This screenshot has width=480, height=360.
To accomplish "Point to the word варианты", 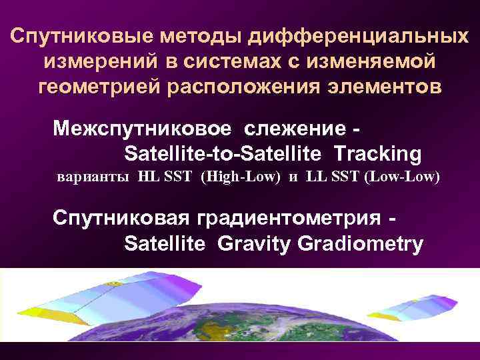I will (94, 179).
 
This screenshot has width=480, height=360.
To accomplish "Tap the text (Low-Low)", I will (403, 179).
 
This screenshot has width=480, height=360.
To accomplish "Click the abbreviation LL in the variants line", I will (315, 179).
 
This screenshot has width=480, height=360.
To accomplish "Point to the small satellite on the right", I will (420, 306).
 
